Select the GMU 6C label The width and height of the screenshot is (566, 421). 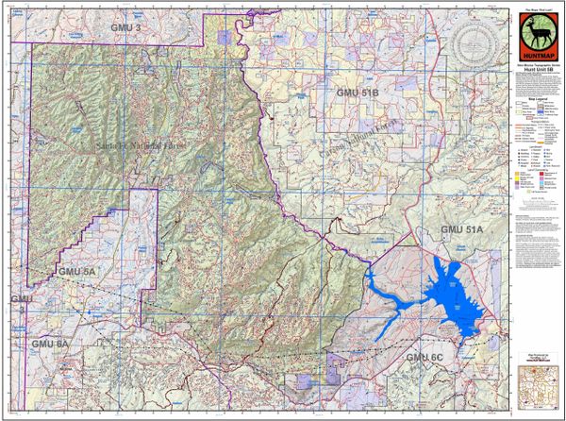[424, 357]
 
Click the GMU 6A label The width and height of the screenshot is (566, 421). [49, 345]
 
